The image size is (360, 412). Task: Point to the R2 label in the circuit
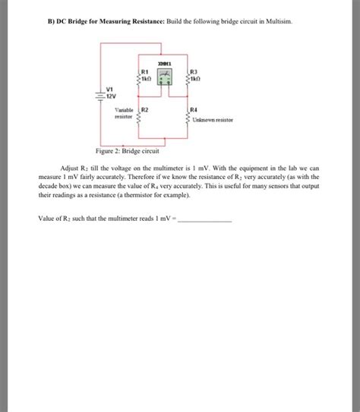click(x=145, y=111)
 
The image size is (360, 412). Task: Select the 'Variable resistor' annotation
click(x=124, y=114)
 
